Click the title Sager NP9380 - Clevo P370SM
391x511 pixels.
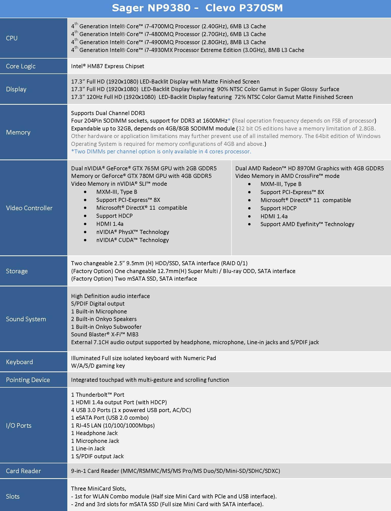[197, 8]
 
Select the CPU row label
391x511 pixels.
[12, 38]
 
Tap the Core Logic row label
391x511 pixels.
[21, 66]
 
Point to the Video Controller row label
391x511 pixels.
[29, 208]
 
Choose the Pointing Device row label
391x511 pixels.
[28, 380]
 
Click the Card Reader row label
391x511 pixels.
[23, 471]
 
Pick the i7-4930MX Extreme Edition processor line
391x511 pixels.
[188, 50]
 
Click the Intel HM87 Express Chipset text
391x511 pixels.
[108, 66]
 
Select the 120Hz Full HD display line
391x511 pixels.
[212, 97]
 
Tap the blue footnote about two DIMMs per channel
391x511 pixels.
[161, 151]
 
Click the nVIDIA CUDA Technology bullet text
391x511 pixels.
[132, 240]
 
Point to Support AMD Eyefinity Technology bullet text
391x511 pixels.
[307, 224]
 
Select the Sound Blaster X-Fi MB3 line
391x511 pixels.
[105, 334]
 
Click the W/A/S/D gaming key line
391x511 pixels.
[98, 366]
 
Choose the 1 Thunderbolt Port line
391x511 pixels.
[98, 395]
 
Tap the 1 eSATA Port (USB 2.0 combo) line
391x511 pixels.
[110, 418]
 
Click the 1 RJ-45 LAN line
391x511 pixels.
[113, 425]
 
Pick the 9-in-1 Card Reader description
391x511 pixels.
[176, 471]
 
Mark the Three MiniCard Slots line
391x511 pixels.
[99, 489]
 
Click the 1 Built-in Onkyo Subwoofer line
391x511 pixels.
[106, 327]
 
